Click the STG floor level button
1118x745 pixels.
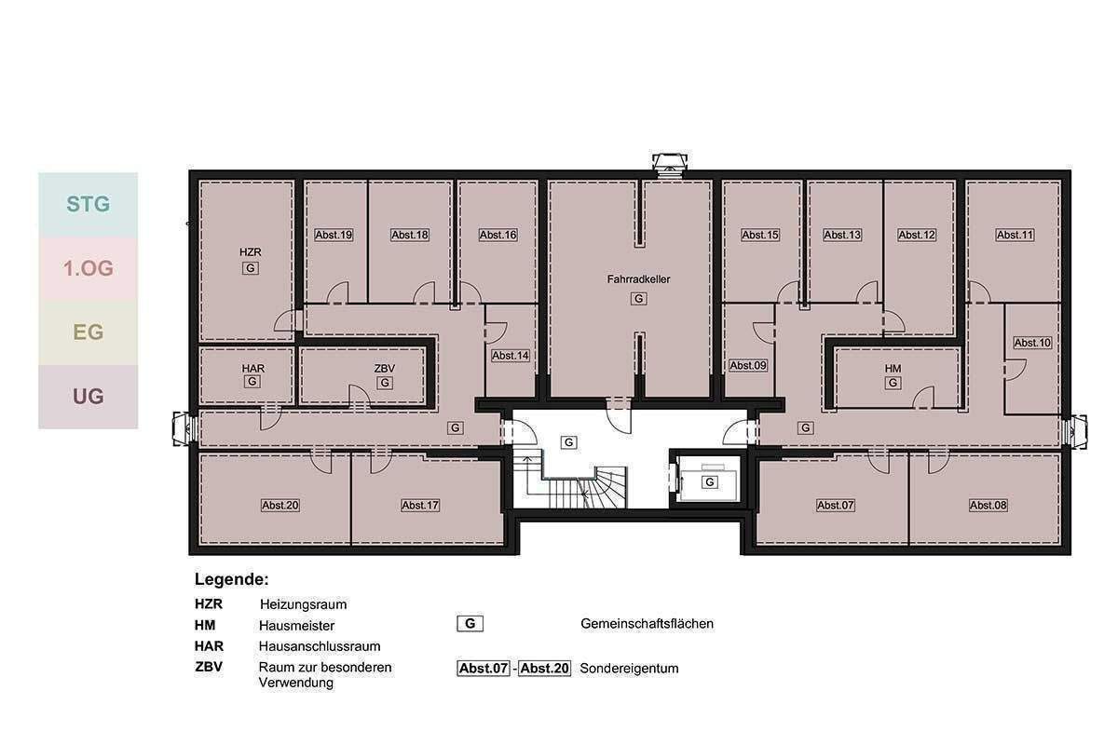tap(88, 204)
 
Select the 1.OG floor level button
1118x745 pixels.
tap(88, 268)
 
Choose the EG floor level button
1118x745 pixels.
tap(88, 332)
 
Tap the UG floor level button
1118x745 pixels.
tap(88, 397)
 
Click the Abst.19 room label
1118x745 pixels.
tap(334, 235)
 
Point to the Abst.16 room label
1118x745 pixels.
tap(498, 235)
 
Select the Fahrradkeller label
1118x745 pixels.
tap(638, 279)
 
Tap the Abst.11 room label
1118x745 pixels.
tap(1015, 235)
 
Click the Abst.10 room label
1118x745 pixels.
tap(1032, 343)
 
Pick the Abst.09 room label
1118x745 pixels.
tap(747, 366)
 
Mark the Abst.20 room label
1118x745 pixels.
tap(280, 506)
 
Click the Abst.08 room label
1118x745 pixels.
tap(988, 506)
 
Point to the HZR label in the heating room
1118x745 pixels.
tap(250, 252)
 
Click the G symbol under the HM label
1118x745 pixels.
tap(893, 384)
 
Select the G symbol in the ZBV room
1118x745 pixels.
tap(384, 384)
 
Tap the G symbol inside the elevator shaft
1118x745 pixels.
tap(709, 482)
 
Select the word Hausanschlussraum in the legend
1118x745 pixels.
tap(320, 646)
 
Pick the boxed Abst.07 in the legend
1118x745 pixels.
tap(484, 668)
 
